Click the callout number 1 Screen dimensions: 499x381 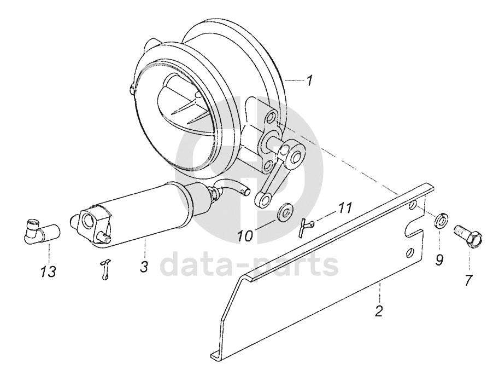pos(309,82)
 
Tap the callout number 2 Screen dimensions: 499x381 pos(379,311)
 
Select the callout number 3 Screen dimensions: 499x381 pos(144,267)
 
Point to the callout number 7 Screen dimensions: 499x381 pos(468,280)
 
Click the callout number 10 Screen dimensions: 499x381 pos(244,237)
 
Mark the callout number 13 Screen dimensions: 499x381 pos(50,272)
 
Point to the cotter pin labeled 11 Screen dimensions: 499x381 pos(304,226)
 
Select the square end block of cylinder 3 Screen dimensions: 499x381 pos(89,223)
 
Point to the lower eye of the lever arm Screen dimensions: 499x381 pos(263,201)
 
